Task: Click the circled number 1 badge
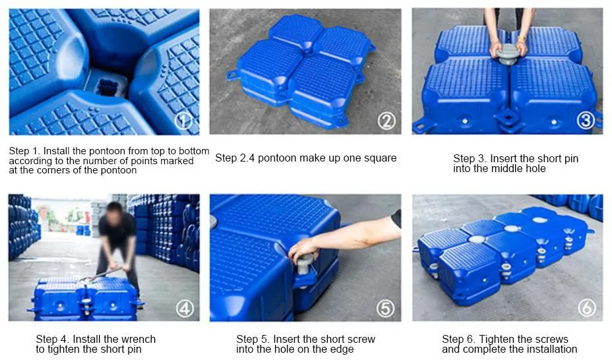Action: pyautogui.click(x=184, y=121)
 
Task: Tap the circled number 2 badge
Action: pyautogui.click(x=386, y=121)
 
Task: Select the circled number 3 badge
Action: pyautogui.click(x=586, y=120)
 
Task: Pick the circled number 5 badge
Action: pyautogui.click(x=386, y=307)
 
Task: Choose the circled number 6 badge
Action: pyautogui.click(x=586, y=307)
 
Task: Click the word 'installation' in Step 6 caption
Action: pyautogui.click(x=550, y=349)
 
